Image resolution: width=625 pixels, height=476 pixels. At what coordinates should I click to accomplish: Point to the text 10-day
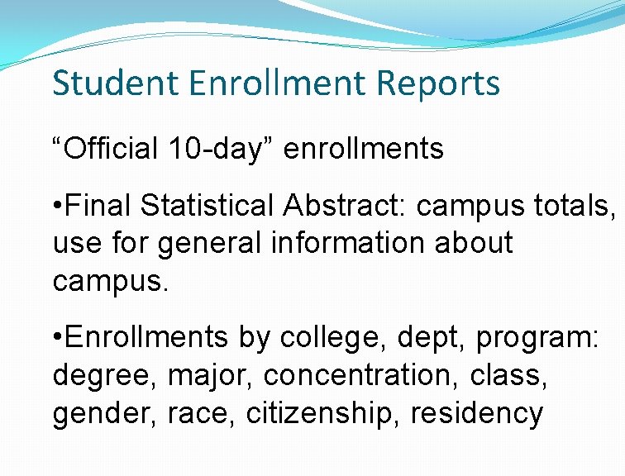pos(221,149)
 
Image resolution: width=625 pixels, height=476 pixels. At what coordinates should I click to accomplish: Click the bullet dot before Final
pos(56,206)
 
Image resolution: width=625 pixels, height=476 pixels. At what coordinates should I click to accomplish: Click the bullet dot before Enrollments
pos(56,338)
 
